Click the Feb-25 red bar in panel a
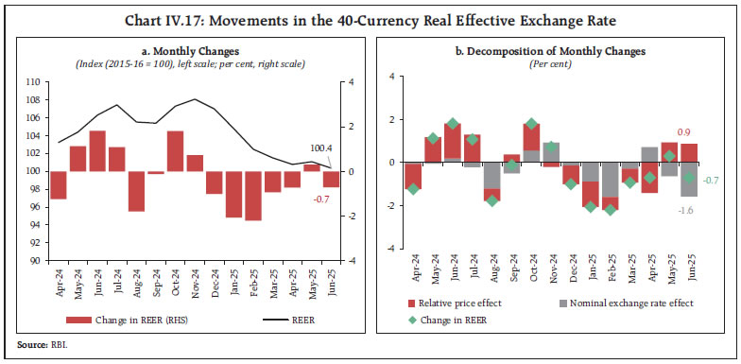point(252,195)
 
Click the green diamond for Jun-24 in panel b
point(453,124)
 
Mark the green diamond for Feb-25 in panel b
point(611,209)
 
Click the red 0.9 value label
point(687,134)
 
